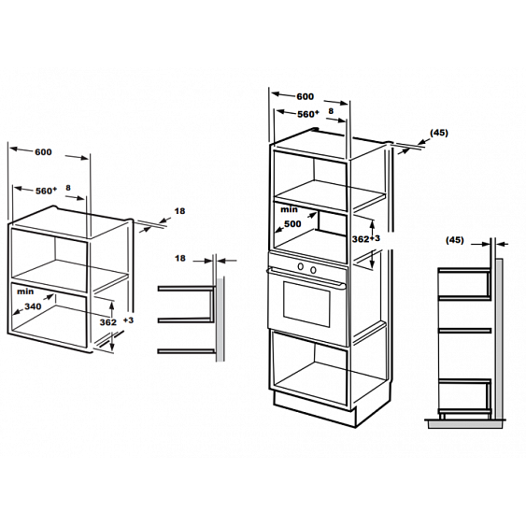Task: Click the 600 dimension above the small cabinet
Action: (43, 152)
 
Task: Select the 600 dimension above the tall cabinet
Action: (305, 96)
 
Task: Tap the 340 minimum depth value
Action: (33, 306)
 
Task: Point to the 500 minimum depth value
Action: (292, 223)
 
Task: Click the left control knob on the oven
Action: (301, 266)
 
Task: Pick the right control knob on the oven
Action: (313, 269)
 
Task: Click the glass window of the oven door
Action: (306, 304)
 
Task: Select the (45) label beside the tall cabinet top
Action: (439, 133)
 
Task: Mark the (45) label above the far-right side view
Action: (455, 240)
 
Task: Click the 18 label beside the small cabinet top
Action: (179, 211)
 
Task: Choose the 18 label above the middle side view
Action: (180, 258)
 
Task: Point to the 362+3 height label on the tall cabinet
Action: (366, 239)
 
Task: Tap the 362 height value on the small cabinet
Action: (108, 322)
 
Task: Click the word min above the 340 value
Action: (25, 291)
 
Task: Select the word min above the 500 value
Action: (289, 209)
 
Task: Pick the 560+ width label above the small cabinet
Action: (47, 191)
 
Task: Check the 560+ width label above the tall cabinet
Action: (308, 114)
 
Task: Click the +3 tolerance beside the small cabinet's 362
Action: (128, 320)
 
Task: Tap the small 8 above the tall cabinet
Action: (331, 110)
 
